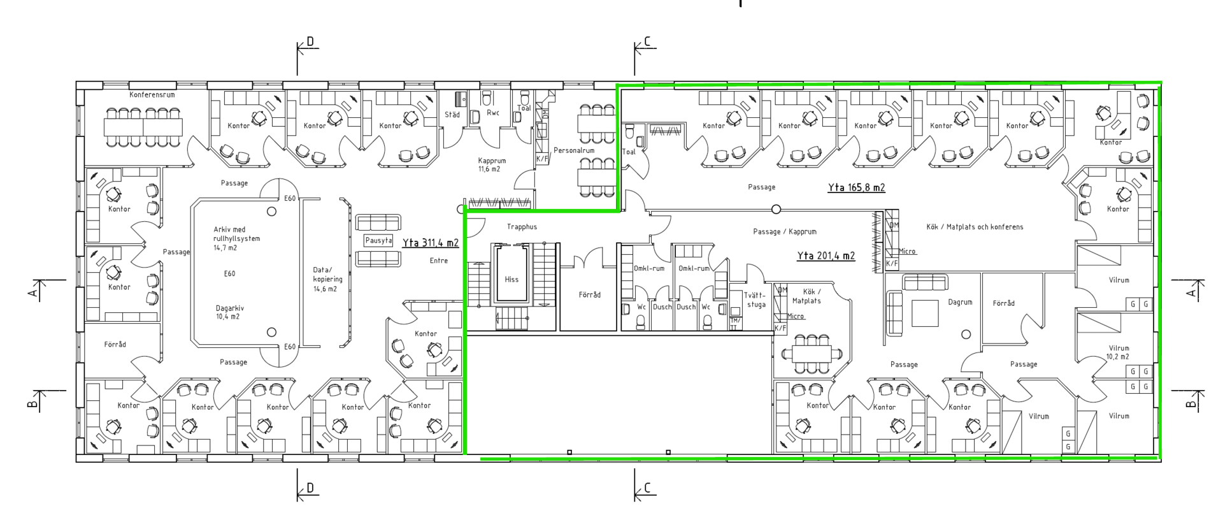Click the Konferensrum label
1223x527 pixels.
[152, 95]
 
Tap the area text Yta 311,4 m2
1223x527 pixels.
[431, 243]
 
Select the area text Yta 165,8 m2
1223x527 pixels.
[857, 187]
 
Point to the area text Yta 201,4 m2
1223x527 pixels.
[826, 256]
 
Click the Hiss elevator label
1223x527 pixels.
[511, 279]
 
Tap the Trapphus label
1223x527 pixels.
[522, 227]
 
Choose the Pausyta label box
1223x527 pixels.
[378, 240]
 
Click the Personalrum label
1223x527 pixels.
[574, 151]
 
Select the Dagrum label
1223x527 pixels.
[960, 302]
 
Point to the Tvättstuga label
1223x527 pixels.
[756, 300]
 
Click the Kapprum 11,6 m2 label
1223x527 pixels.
[492, 165]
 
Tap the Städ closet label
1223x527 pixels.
[452, 115]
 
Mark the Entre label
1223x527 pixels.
[439, 261]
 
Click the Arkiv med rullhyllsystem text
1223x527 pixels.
[236, 234]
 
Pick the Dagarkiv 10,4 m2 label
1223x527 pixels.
[229, 312]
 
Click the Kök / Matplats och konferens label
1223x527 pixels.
[975, 227]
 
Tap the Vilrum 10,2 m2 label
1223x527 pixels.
[1119, 352]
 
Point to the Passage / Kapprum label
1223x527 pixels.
[785, 232]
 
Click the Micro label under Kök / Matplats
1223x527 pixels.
[796, 316]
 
